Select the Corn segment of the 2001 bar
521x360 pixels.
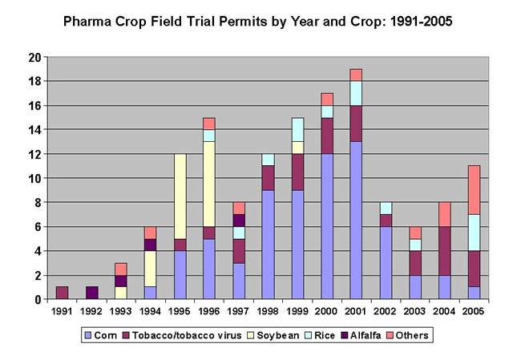356,220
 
